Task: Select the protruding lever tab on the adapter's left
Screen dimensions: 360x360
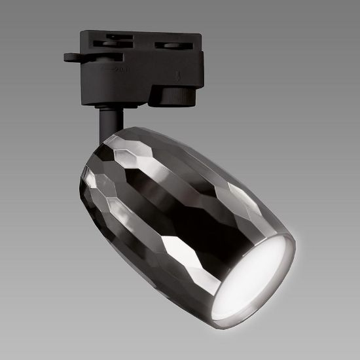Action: tap(73, 57)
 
